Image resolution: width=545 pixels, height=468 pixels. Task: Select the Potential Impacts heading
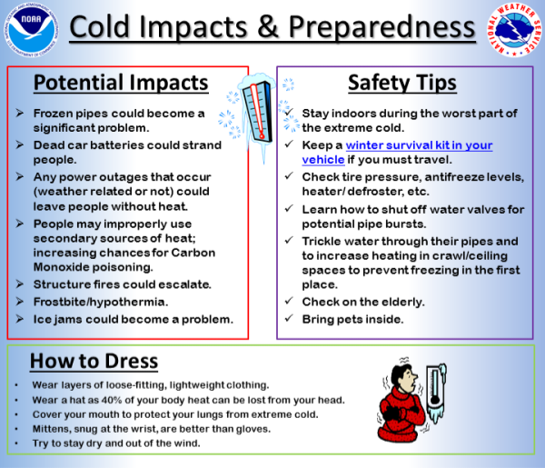(x=121, y=84)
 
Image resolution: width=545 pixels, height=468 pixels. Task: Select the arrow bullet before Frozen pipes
(x=21, y=113)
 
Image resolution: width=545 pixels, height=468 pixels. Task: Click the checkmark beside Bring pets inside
(x=288, y=319)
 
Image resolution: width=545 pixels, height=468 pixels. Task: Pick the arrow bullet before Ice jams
(x=21, y=319)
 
